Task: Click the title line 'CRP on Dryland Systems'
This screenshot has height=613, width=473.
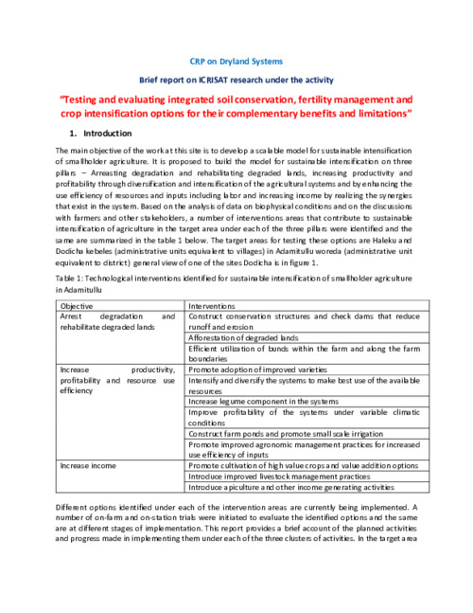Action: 236,61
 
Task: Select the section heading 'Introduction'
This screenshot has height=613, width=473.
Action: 108,134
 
